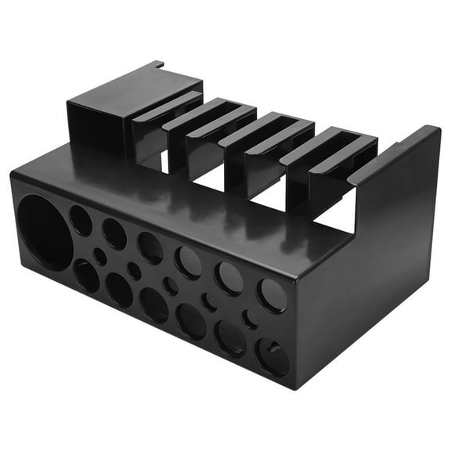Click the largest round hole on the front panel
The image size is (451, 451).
tap(45, 233)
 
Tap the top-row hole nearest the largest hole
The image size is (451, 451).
tap(81, 221)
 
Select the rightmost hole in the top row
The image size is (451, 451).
tap(272, 295)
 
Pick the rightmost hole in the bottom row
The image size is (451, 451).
tap(272, 357)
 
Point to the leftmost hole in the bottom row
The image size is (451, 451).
tap(87, 276)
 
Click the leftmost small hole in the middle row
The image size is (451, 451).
tap(100, 256)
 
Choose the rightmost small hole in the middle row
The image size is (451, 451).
tap(251, 319)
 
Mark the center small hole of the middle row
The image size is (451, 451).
tap(170, 286)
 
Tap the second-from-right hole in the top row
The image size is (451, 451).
tap(229, 277)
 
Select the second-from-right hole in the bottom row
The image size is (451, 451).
tap(230, 338)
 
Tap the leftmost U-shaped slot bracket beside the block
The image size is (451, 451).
tap(161, 129)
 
